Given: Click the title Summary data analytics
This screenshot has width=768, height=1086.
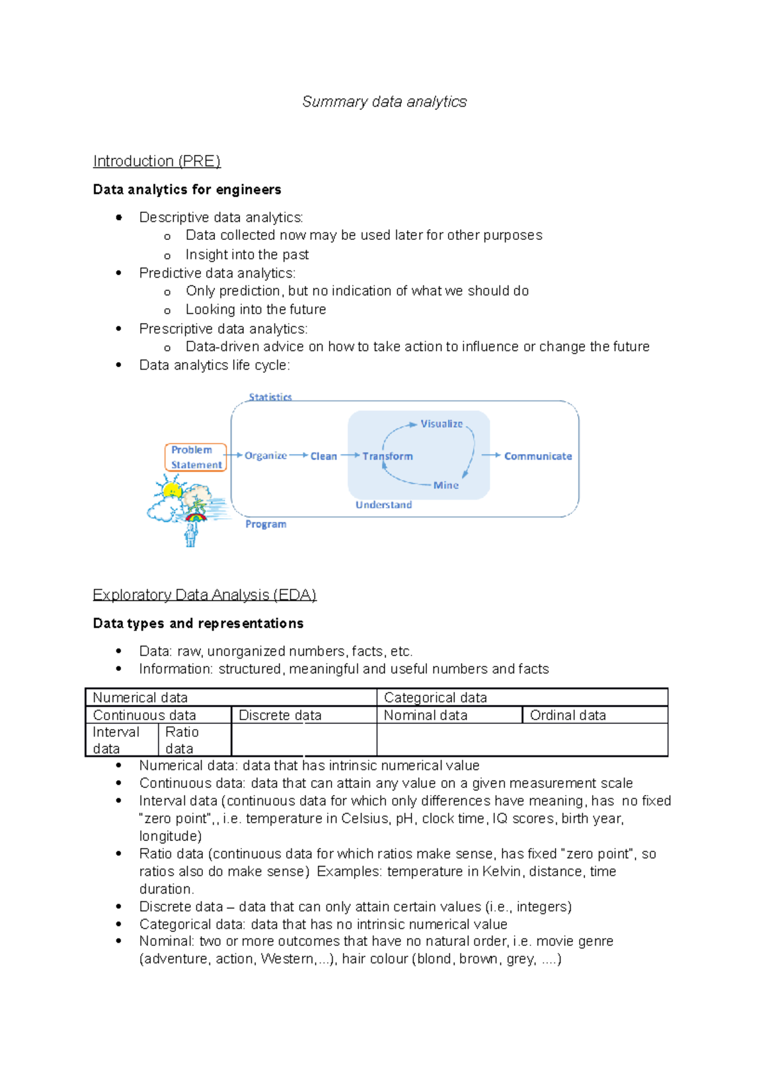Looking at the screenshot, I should click(x=384, y=102).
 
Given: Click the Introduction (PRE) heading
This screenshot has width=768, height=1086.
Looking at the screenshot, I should click(x=157, y=161).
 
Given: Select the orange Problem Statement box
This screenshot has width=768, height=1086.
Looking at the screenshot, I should click(x=196, y=457).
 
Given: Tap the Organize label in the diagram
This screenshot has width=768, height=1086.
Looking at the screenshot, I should click(x=265, y=456).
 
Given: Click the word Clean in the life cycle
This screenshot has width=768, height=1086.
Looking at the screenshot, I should click(x=323, y=456).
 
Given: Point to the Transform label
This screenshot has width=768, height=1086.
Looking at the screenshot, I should click(x=387, y=456).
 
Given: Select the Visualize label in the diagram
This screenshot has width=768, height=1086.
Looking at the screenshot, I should click(x=441, y=424).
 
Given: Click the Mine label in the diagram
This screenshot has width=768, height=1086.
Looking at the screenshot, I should click(x=445, y=485).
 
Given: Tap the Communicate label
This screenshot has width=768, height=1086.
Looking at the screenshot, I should click(x=538, y=456).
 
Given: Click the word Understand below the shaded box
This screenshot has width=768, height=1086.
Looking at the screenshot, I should click(x=383, y=505).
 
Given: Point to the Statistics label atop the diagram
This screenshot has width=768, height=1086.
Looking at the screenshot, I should click(x=270, y=397).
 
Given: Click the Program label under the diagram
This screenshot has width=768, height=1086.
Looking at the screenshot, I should click(x=266, y=524).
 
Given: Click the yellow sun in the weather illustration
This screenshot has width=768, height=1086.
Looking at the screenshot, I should click(x=172, y=491).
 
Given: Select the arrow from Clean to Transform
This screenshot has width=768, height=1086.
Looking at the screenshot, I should click(x=350, y=455).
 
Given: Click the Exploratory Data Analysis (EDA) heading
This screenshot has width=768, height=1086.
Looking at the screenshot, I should click(x=204, y=595).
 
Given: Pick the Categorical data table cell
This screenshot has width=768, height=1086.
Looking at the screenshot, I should click(x=435, y=698).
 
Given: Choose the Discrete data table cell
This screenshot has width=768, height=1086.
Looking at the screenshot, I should click(x=280, y=716).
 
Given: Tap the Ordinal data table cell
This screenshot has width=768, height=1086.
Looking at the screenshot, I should click(x=568, y=716).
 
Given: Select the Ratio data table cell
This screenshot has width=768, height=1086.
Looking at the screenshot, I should click(x=182, y=740).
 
